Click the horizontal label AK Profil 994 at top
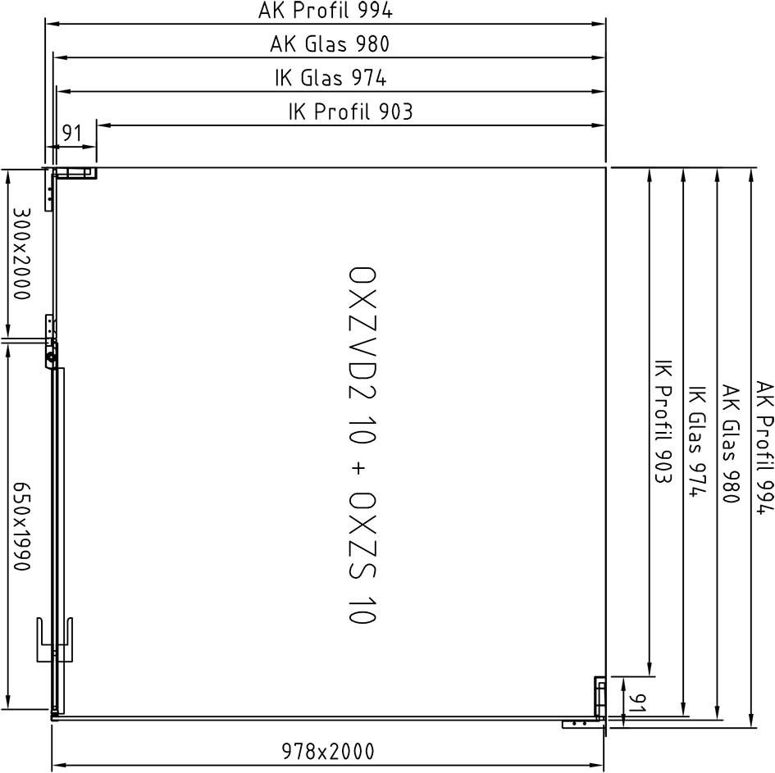(326, 11)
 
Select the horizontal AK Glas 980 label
(330, 44)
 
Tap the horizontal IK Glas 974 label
(331, 78)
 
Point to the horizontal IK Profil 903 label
(350, 111)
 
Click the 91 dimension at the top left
(71, 133)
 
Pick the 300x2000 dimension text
(21, 253)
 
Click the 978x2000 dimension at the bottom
(328, 751)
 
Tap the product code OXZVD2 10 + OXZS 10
(362, 445)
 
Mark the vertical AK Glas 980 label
(731, 443)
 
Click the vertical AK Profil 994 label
(764, 448)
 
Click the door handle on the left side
(55, 639)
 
